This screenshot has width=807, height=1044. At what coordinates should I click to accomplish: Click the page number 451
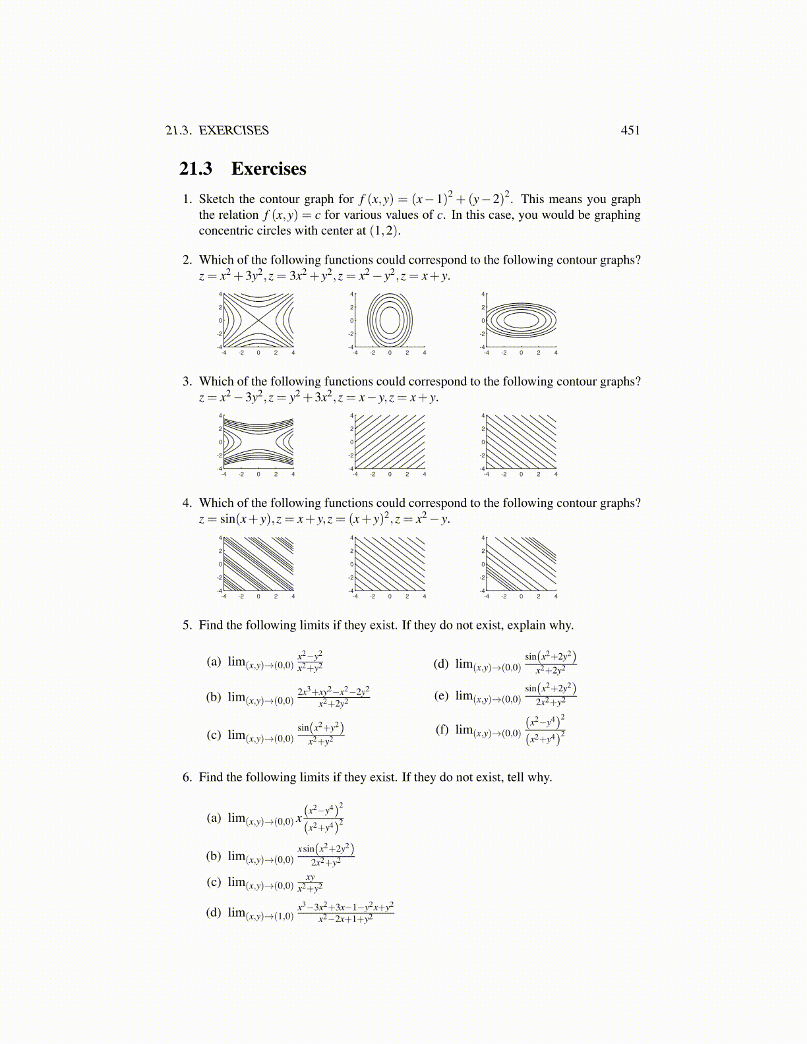(630, 130)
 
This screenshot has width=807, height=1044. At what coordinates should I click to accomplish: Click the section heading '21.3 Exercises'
(243, 169)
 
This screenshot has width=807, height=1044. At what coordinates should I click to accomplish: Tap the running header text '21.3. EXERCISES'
(217, 130)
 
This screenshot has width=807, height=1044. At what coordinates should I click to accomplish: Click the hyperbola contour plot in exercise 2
(258, 320)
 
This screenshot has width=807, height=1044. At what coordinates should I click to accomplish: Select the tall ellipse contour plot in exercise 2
(390, 320)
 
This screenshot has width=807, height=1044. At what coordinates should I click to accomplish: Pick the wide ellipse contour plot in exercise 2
(522, 320)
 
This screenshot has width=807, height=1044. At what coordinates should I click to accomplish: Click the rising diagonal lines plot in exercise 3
(390, 442)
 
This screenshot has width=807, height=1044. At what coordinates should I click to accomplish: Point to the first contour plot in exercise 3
(258, 442)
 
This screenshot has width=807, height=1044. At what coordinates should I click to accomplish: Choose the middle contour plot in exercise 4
(390, 564)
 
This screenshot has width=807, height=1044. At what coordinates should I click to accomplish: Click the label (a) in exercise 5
(214, 661)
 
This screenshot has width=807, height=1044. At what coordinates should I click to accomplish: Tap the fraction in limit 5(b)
(334, 697)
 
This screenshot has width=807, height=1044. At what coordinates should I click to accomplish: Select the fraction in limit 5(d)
(551, 663)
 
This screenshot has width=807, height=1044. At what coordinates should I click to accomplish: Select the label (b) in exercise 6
(214, 855)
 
